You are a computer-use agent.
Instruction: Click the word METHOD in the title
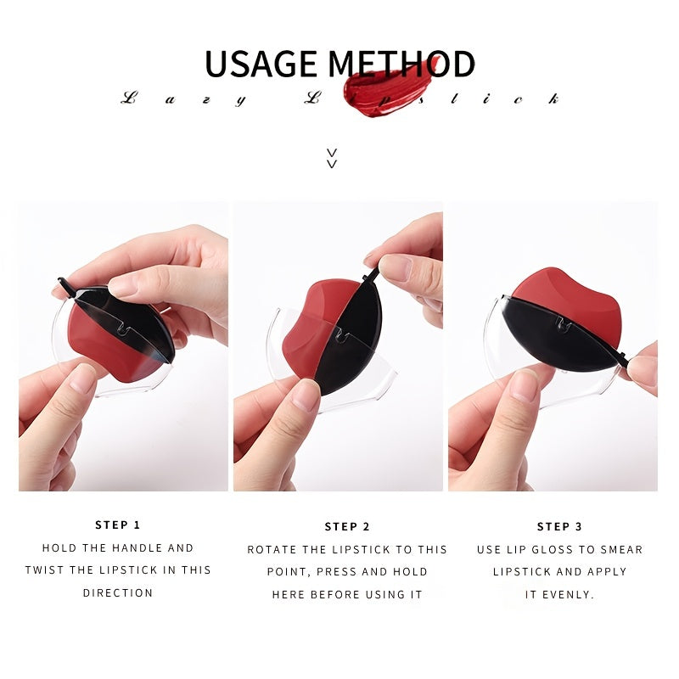[x=401, y=64]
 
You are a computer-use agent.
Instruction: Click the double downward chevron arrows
[x=332, y=158]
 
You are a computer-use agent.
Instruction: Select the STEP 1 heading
[x=118, y=525]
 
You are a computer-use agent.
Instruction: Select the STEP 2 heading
[x=347, y=526]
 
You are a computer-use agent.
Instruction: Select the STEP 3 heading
[x=559, y=526]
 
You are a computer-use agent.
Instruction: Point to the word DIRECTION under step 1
[x=118, y=592]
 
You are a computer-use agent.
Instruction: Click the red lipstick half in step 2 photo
[x=311, y=329]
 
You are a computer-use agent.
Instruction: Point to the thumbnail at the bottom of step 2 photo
[x=306, y=395]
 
